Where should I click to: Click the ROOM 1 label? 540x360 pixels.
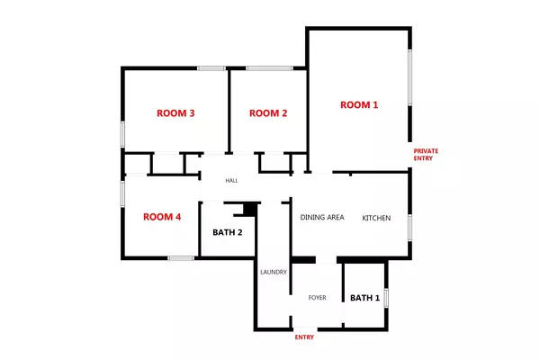[x=359, y=105]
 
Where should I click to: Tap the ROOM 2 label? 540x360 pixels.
[x=268, y=113]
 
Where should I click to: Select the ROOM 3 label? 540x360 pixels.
[x=176, y=113]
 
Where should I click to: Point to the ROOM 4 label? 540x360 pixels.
[x=162, y=217]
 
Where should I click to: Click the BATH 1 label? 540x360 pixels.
[x=364, y=298]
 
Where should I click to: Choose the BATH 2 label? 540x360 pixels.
[x=228, y=232]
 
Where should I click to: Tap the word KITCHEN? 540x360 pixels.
[x=376, y=218]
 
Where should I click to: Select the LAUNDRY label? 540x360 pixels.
[x=273, y=272]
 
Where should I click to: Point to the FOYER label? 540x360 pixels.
[x=317, y=297]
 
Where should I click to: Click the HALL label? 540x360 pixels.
[x=231, y=181]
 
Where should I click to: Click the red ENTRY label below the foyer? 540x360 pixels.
[x=306, y=338]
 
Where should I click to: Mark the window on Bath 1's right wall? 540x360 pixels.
[x=386, y=298]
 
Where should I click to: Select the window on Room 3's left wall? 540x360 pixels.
[x=123, y=131]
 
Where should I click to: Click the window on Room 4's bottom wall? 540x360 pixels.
[x=180, y=258]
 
